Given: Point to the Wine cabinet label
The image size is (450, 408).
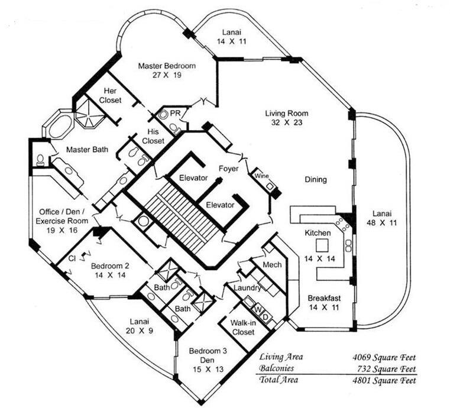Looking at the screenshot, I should pos(261,176).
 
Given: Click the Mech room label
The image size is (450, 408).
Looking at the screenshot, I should pos(272,264).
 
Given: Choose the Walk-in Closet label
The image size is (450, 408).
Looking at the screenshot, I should pos(242,328).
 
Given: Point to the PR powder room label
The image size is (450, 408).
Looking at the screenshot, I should pos(175,112).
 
